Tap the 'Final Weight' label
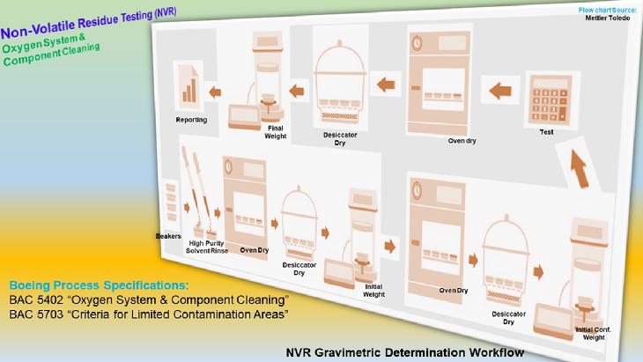(275, 132)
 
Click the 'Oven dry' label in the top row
(462, 141)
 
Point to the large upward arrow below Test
(579, 168)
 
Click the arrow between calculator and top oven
(500, 91)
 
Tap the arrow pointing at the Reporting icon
(215, 92)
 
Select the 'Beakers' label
(168, 236)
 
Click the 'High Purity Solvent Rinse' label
(207, 247)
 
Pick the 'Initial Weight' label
(373, 291)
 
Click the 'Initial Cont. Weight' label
(593, 333)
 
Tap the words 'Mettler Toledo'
(607, 18)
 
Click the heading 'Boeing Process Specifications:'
(99, 285)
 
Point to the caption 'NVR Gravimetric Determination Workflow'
(405, 352)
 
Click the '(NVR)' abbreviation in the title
(166, 13)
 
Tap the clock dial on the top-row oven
(417, 42)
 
